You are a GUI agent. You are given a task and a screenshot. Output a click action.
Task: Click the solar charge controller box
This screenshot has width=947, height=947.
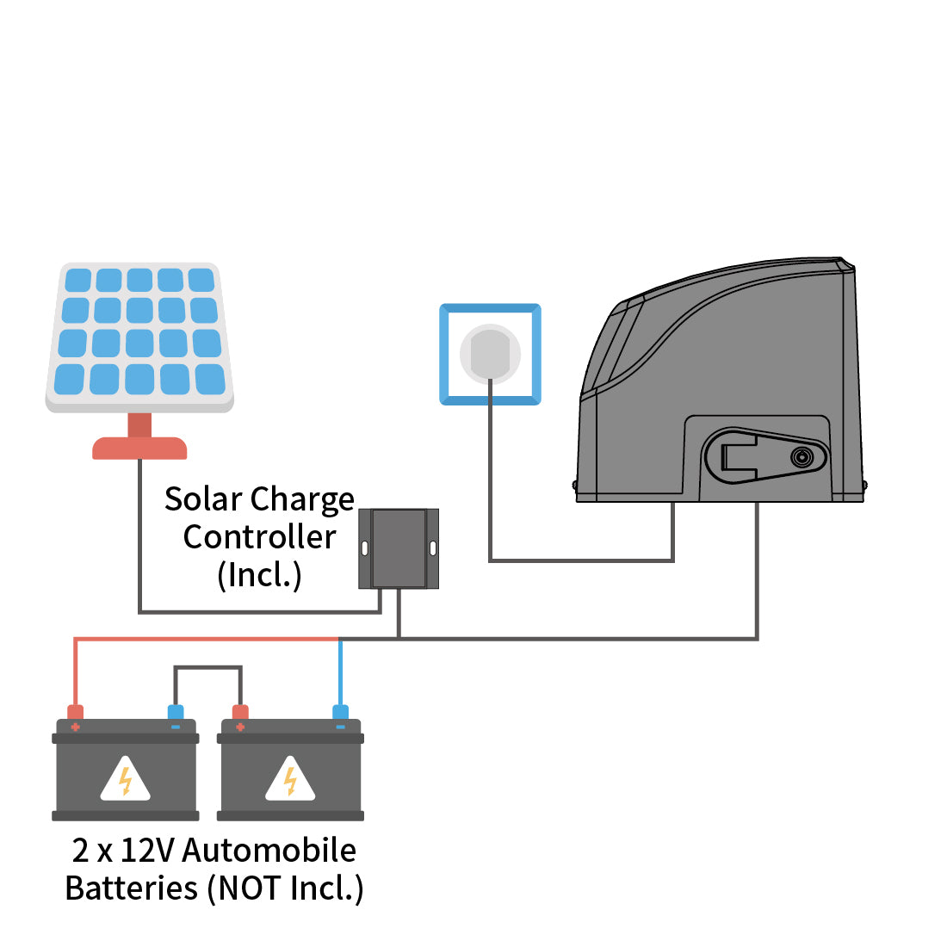pos(399,548)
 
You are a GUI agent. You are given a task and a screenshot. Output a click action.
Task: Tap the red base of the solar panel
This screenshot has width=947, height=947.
pos(139,448)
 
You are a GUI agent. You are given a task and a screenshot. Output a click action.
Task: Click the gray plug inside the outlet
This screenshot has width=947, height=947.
pos(490,353)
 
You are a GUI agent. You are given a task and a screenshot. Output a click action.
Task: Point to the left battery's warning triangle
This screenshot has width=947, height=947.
pos(125,780)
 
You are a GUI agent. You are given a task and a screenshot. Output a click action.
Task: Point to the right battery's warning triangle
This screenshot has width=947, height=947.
pos(290,780)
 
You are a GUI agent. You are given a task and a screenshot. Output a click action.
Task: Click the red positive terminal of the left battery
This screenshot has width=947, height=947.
pos(76,713)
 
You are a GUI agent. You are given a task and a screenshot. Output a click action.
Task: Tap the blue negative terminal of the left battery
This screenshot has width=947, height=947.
pos(176,713)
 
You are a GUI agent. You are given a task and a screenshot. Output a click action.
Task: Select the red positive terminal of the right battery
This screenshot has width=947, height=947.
pos(240,713)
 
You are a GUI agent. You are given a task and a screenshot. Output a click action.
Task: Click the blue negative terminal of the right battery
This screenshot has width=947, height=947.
pos(340,713)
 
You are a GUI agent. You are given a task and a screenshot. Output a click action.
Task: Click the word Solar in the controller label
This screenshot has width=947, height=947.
pos(202,499)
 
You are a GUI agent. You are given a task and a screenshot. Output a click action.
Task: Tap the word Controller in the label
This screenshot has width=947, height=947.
pos(259,537)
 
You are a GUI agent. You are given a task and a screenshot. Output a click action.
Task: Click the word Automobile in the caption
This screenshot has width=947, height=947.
pos(269,851)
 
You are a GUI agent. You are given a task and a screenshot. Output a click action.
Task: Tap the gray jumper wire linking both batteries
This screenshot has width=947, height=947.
pos(207,667)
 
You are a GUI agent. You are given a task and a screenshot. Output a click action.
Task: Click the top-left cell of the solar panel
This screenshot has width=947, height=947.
pos(78,281)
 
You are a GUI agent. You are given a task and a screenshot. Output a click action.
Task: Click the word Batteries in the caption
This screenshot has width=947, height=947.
pos(132,888)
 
